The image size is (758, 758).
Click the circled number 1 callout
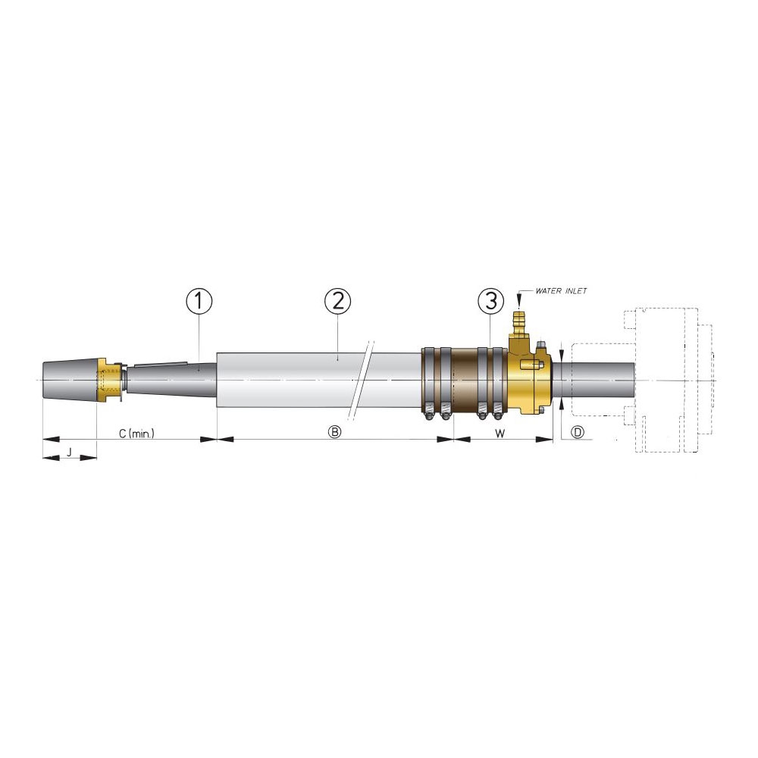[x=199, y=302]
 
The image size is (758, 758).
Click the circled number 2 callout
[x=338, y=302]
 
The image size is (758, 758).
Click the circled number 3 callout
[x=490, y=302]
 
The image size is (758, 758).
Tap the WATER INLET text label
[x=561, y=290]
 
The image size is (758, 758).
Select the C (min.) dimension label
[x=137, y=433]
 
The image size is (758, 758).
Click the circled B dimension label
[x=334, y=433]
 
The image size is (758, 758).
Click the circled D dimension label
[x=578, y=433]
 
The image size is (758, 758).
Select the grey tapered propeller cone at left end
[x=70, y=377]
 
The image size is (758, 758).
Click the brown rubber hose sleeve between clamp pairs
[x=464, y=379]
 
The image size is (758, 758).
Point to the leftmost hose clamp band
[x=428, y=379]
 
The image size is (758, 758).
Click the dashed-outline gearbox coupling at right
[x=667, y=379]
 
